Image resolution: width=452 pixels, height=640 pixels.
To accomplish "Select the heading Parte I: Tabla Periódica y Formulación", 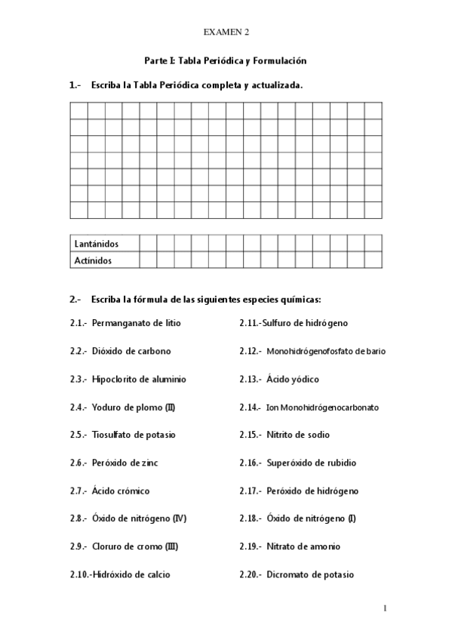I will click(x=226, y=60).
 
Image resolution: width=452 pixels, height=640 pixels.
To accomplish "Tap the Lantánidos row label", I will click(x=97, y=244).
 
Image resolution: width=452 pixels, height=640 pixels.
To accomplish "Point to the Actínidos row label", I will click(x=94, y=261).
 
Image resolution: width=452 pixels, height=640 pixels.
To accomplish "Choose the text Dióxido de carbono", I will click(x=131, y=351).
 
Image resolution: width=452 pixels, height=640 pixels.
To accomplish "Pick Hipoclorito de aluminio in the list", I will click(x=139, y=379).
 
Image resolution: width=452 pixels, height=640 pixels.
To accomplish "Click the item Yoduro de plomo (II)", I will click(x=134, y=407).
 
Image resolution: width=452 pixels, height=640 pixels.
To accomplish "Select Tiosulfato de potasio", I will click(x=135, y=435).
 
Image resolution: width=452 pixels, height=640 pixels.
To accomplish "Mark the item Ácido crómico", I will click(x=121, y=491).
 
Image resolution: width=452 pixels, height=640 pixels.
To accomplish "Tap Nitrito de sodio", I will click(x=298, y=435).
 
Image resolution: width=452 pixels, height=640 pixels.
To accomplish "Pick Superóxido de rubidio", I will click(x=312, y=463).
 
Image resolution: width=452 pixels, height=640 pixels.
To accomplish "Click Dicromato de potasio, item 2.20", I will click(x=310, y=574).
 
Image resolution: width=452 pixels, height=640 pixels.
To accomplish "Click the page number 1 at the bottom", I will click(x=385, y=608).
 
